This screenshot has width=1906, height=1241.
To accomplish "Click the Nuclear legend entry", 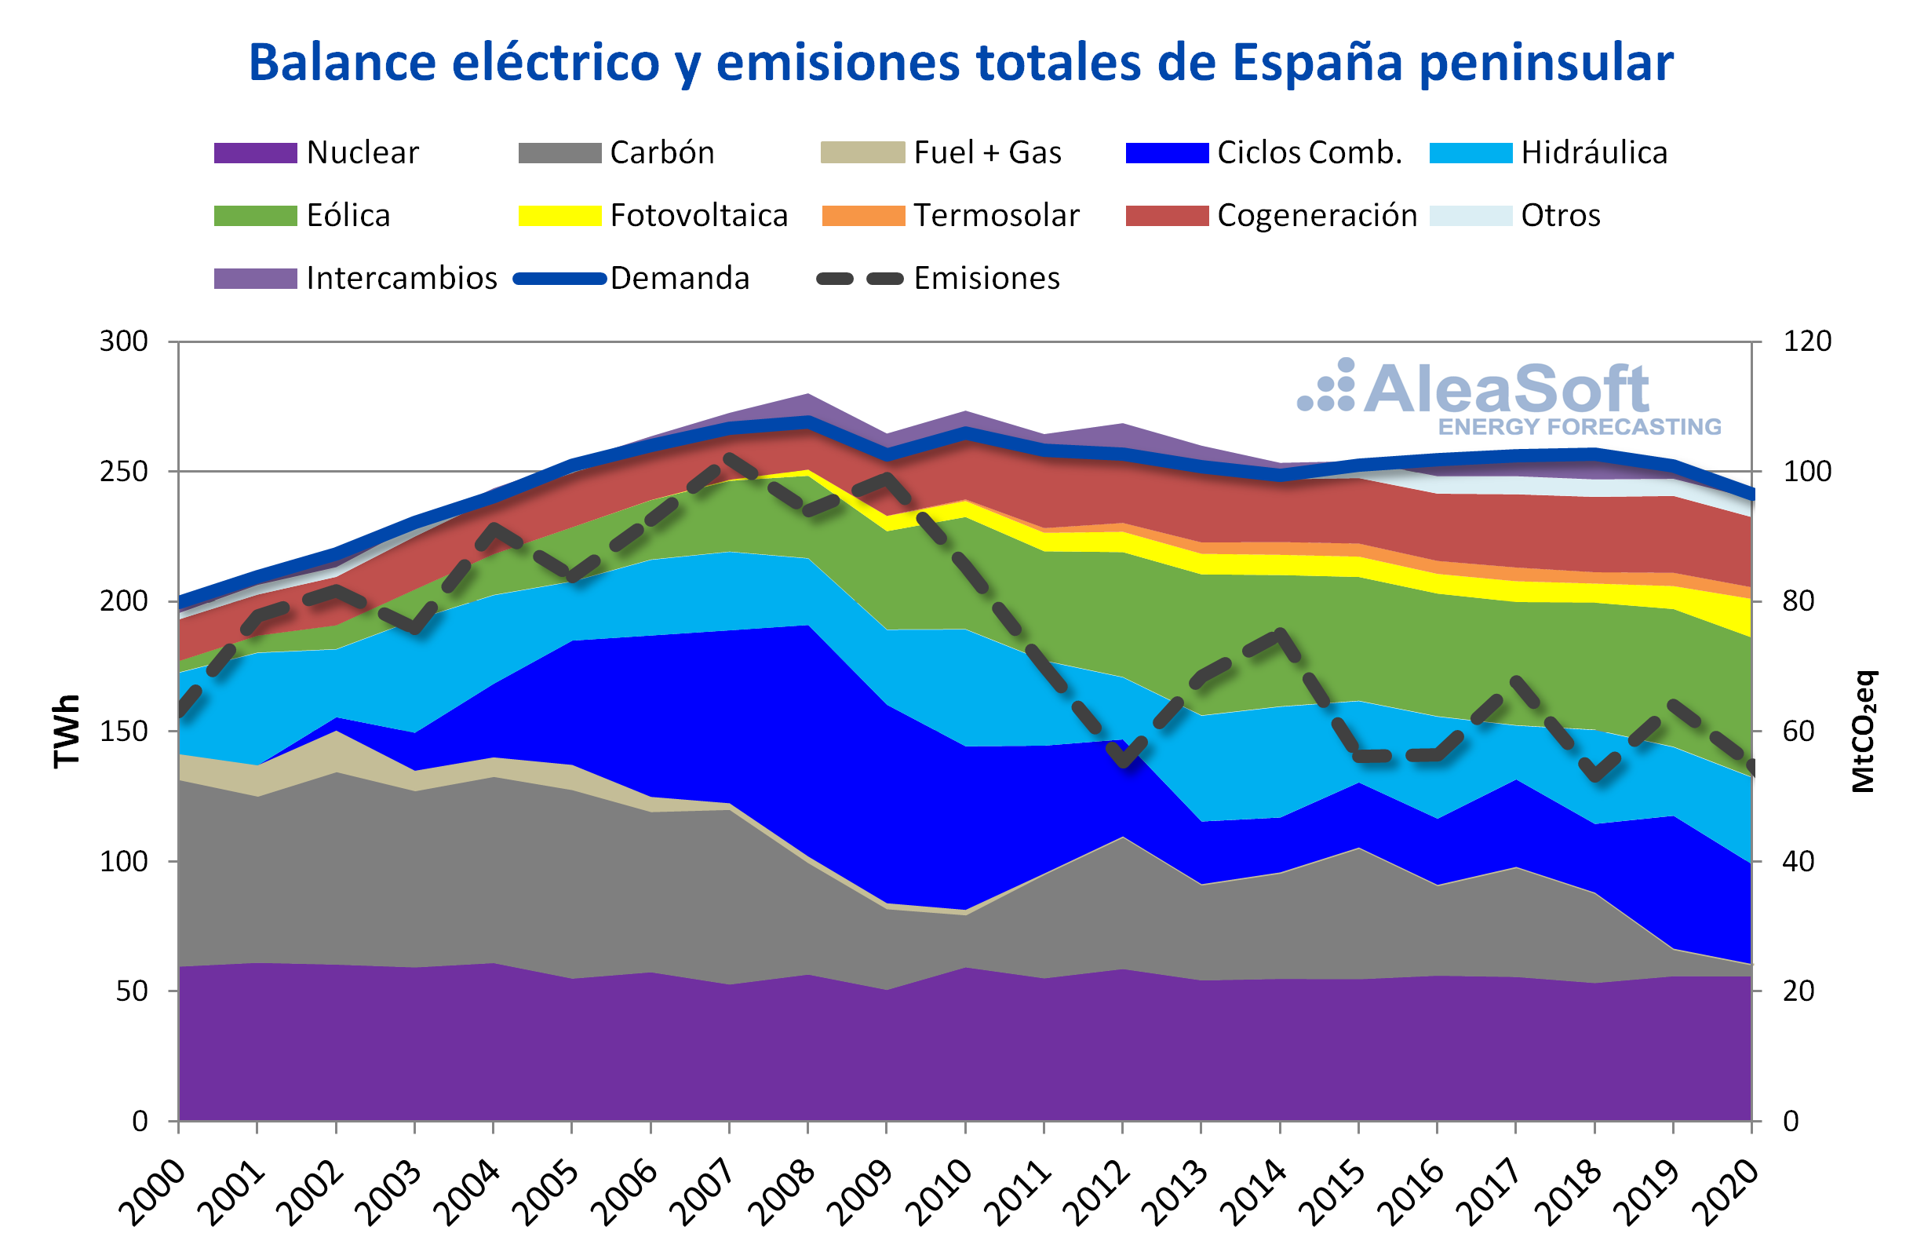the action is point(316,152).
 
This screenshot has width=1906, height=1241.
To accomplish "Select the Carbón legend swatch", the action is point(559,152).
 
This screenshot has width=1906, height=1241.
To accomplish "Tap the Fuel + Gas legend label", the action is point(987,152).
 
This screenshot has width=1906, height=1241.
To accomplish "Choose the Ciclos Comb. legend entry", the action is point(1263,152).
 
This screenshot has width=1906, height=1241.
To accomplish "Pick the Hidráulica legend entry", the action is point(1548,152).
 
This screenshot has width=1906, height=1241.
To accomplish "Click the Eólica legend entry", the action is point(302,216).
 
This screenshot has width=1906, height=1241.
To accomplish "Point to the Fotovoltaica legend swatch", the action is point(559,216).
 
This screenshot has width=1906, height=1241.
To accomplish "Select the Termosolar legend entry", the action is point(950,216).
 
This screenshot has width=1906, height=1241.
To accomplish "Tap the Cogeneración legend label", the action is point(1317,216).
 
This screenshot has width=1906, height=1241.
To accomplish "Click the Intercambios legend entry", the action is point(355,278).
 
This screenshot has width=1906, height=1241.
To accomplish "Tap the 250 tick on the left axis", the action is point(124,471).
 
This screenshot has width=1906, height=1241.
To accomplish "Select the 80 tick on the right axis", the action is point(1798,600).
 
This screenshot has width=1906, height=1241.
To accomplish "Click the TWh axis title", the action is point(67,732).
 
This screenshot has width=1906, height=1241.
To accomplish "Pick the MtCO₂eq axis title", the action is point(1864,732).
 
